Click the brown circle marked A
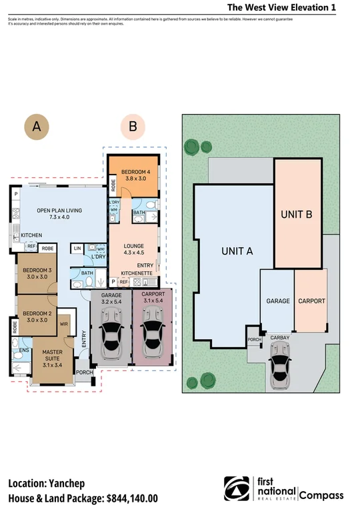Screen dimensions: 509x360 (x=37, y=126)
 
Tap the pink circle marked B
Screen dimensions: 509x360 (x=133, y=126)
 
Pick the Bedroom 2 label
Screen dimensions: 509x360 (x=38, y=316)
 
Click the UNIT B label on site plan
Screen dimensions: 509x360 (x=297, y=215)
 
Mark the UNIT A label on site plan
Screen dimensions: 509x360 (x=237, y=251)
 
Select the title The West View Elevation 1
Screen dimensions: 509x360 (x=281, y=7)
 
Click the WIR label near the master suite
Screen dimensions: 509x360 (x=65, y=325)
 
